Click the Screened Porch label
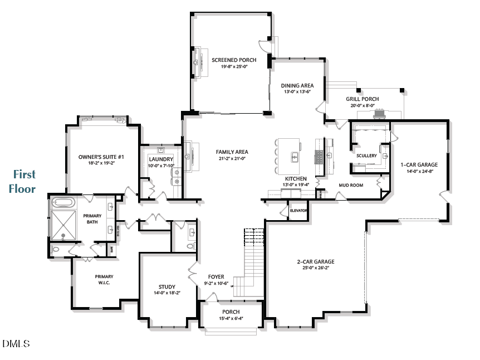point(233,60)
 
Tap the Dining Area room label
point(297,86)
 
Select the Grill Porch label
point(362,99)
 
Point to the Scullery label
point(366,155)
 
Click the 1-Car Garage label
point(419,165)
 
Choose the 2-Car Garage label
point(315,261)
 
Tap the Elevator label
point(298,211)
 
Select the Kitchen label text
point(296,179)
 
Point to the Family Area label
point(232,152)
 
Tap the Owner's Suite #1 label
point(101,157)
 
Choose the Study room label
point(166,287)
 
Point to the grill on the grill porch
point(380,114)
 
